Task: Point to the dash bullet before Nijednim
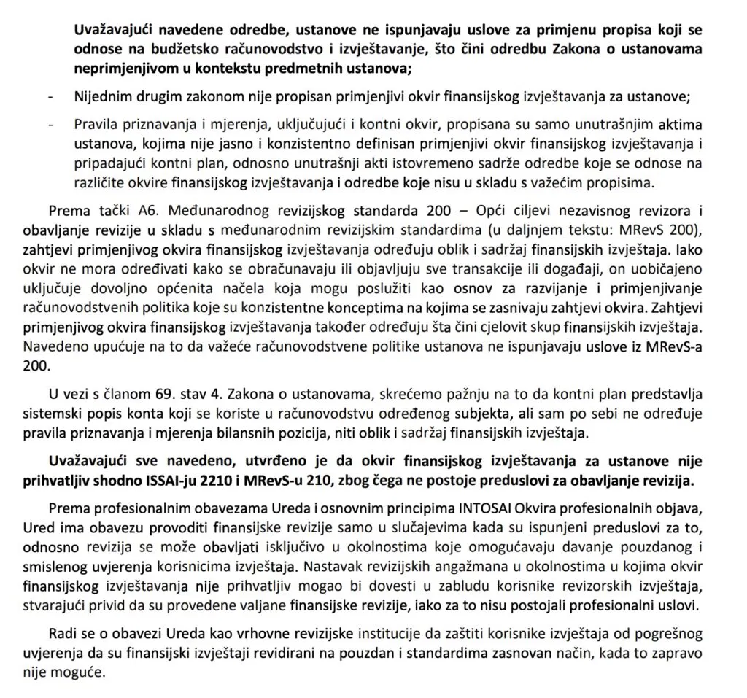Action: tap(50, 97)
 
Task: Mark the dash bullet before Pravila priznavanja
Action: tap(50, 125)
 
